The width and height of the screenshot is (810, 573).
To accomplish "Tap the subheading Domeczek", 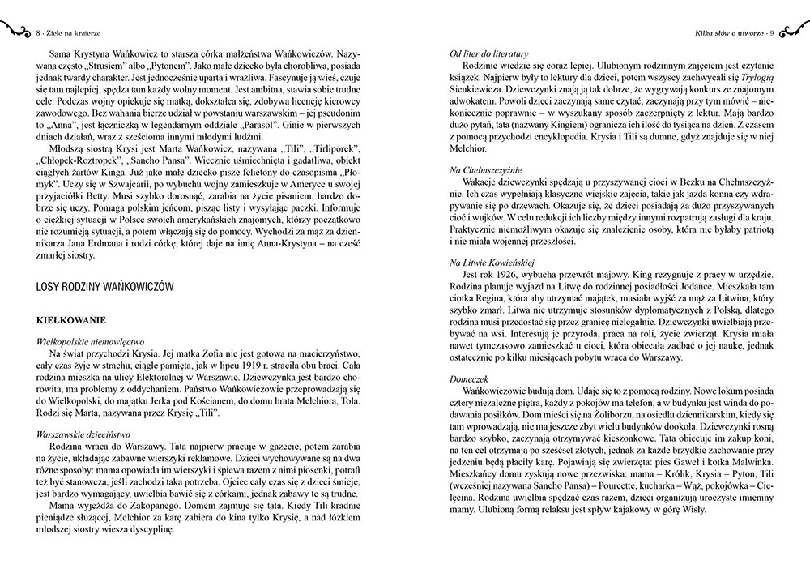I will [471, 378].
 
